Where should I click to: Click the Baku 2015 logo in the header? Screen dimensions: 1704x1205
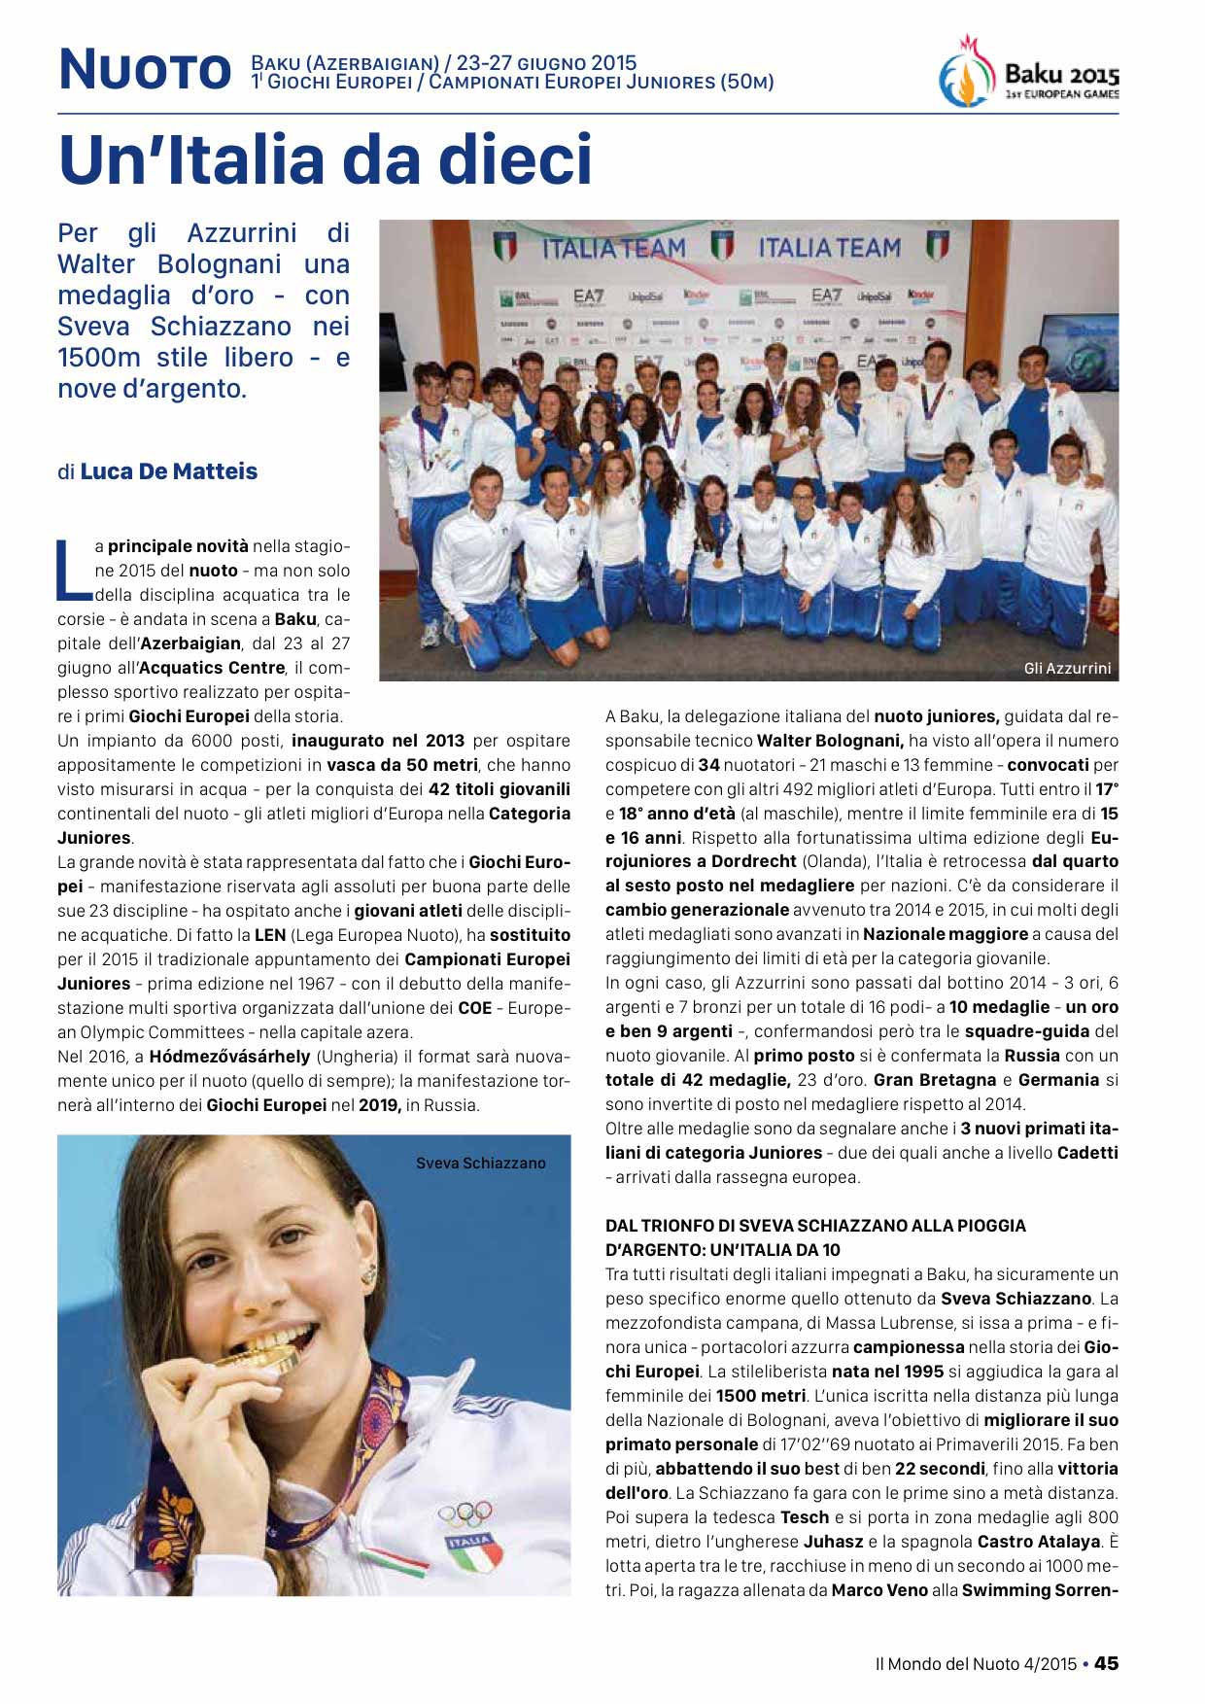click(x=1029, y=73)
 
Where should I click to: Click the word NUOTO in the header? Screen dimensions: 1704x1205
click(x=145, y=71)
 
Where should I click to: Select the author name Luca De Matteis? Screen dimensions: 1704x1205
click(x=168, y=471)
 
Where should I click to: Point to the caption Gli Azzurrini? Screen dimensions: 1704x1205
click(x=1067, y=669)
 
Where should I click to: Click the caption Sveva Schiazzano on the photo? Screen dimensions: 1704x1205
click(x=480, y=1163)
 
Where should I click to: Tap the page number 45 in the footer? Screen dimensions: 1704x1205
click(x=1106, y=1663)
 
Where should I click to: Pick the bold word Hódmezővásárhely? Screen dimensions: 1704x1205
click(x=229, y=1056)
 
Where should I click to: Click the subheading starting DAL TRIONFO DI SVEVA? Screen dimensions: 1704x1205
click(x=814, y=1237)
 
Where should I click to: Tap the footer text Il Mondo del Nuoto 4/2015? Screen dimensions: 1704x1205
click(x=976, y=1663)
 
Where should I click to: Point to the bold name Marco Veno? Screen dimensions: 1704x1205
click(x=879, y=1590)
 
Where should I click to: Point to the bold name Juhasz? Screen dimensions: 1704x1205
click(x=835, y=1542)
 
